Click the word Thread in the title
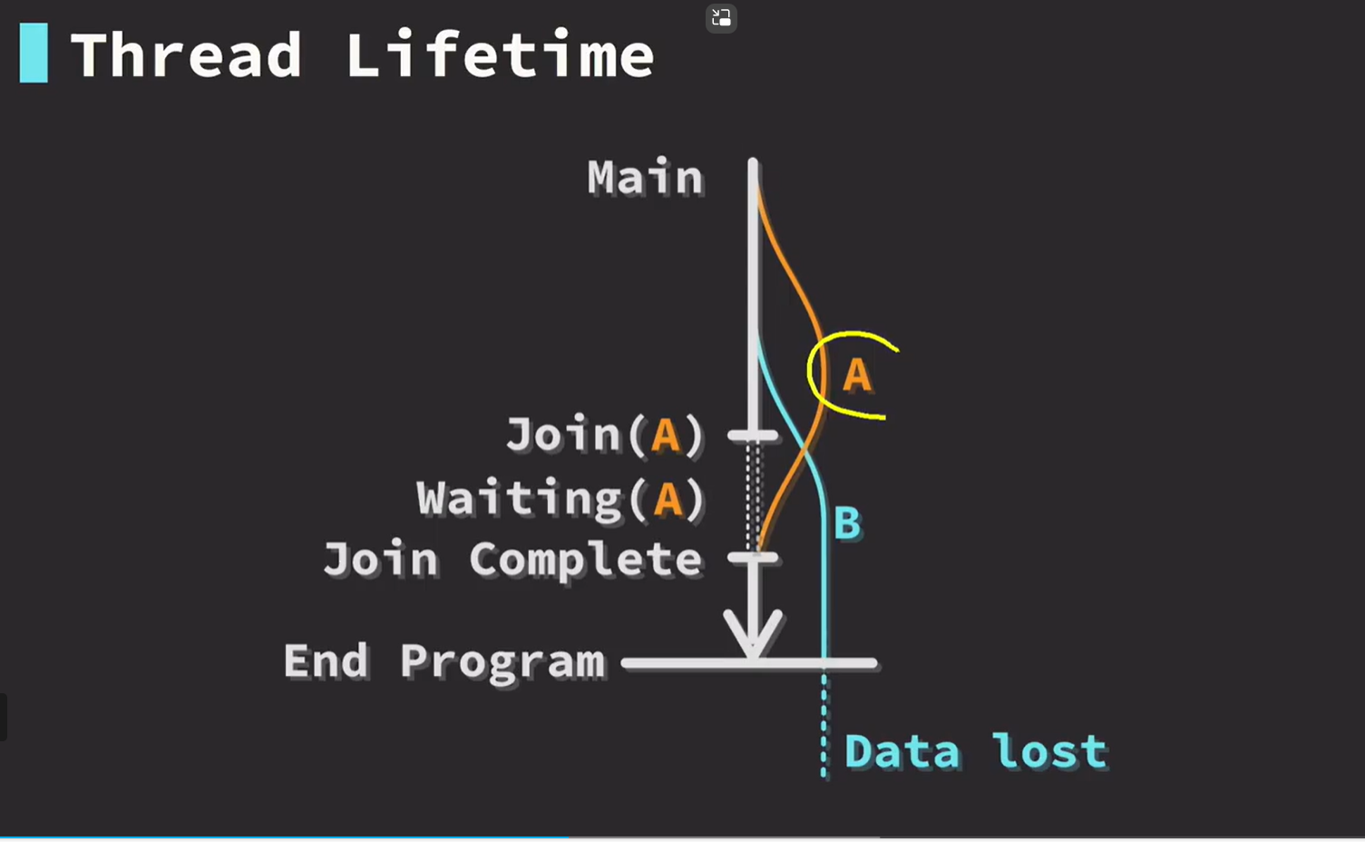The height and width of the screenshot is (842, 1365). click(186, 54)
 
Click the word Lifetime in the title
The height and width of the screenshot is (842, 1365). click(501, 54)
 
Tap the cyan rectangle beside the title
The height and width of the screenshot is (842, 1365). click(34, 53)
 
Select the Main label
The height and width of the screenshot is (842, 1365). click(645, 177)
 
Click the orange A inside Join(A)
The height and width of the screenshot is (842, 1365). click(665, 436)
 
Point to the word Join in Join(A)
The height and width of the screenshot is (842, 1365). click(563, 434)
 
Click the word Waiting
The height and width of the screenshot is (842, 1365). click(519, 500)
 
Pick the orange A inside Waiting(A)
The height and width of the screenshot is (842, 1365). click(668, 499)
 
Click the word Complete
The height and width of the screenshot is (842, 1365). click(586, 559)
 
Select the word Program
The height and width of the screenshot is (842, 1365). click(502, 662)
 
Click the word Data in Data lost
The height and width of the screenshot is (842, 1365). click(902, 751)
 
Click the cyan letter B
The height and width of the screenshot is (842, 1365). click(847, 523)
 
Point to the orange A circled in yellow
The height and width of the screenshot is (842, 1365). click(857, 374)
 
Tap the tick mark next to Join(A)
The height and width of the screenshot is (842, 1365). click(753, 436)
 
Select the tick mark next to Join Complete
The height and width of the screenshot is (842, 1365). click(753, 557)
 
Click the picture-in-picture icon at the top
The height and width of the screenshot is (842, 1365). click(721, 17)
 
